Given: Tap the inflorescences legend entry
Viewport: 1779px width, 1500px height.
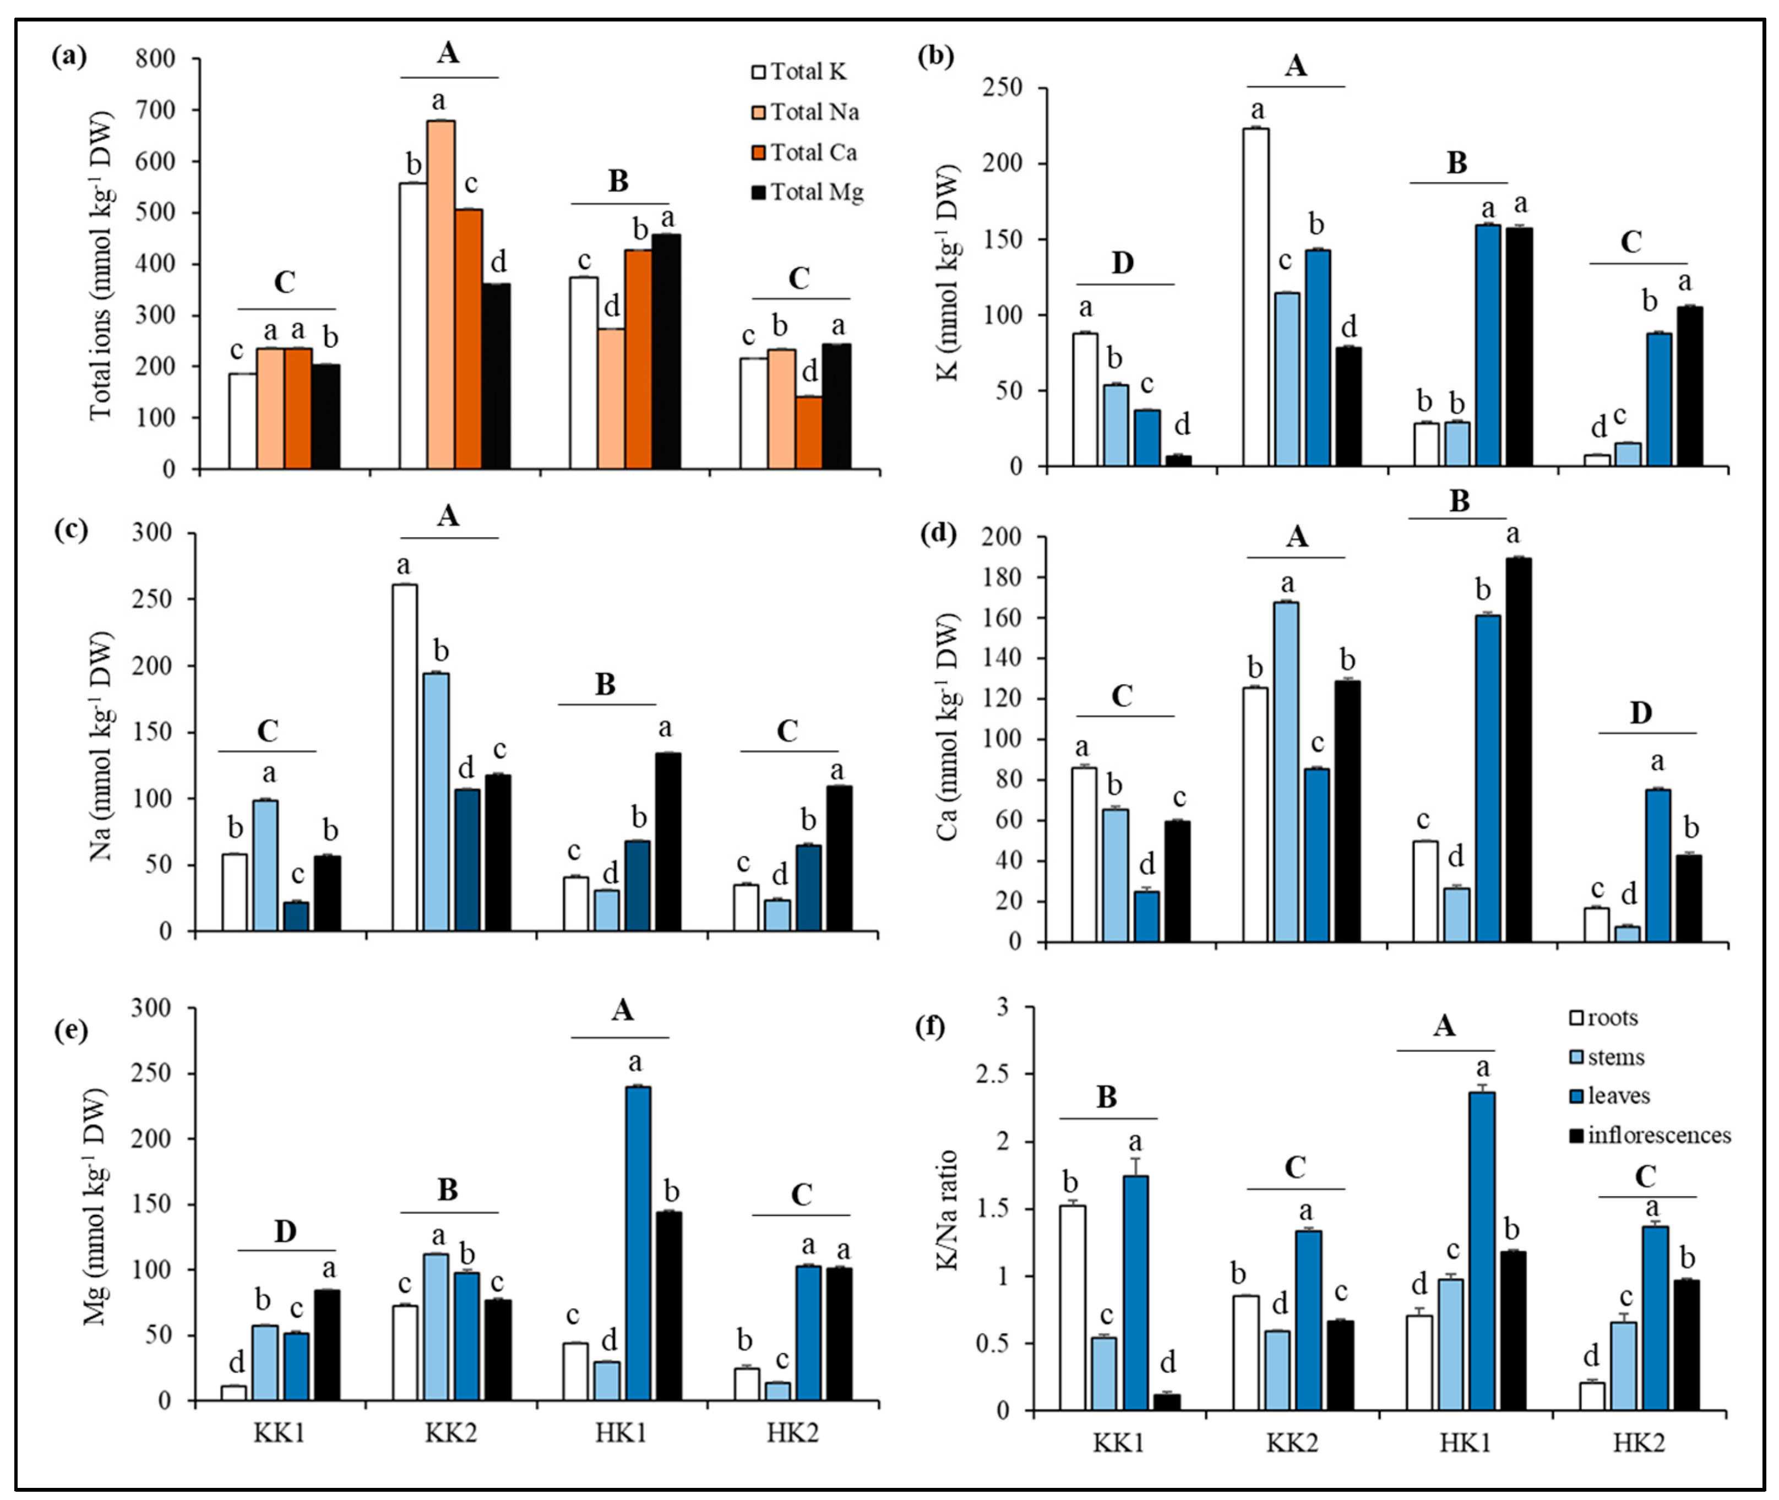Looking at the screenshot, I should (x=1650, y=1135).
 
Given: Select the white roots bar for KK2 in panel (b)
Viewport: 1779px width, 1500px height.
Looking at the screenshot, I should (x=1255, y=298).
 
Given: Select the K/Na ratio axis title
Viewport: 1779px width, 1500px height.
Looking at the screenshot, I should (x=948, y=1209).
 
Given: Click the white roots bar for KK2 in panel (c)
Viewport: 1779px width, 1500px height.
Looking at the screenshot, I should (x=405, y=757).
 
